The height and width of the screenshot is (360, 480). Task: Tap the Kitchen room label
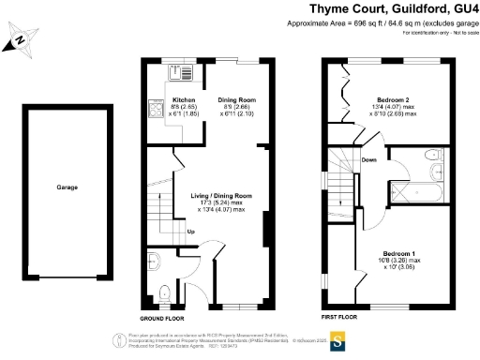[183, 99]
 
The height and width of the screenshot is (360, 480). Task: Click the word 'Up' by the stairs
[191, 231]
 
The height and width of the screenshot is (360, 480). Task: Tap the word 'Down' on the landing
[369, 159]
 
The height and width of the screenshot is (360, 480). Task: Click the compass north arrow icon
[20, 40]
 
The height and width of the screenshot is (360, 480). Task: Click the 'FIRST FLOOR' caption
[340, 318]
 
